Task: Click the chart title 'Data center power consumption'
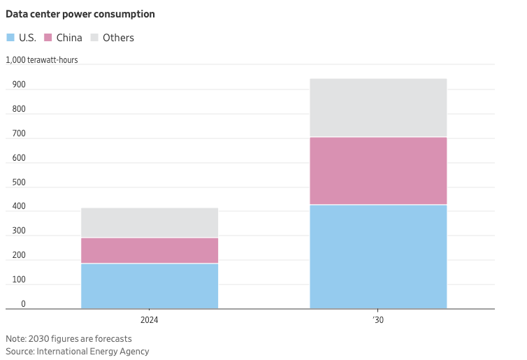[80, 14]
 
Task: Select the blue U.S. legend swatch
[10, 38]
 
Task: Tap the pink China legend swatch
[49, 38]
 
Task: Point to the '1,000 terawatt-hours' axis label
[42, 60]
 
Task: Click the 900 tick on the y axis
[19, 85]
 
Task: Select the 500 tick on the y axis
[19, 182]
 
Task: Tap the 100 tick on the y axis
[19, 280]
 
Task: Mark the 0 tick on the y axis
[23, 304]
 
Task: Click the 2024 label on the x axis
[150, 319]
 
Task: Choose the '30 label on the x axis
[378, 319]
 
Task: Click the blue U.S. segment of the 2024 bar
[150, 286]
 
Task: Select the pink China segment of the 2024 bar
[150, 250]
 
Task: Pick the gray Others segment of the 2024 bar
[150, 222]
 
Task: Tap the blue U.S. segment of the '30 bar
[378, 257]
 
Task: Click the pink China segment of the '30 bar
[378, 171]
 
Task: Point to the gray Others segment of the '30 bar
[378, 108]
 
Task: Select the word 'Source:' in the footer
[20, 352]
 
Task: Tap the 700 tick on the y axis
[19, 134]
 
